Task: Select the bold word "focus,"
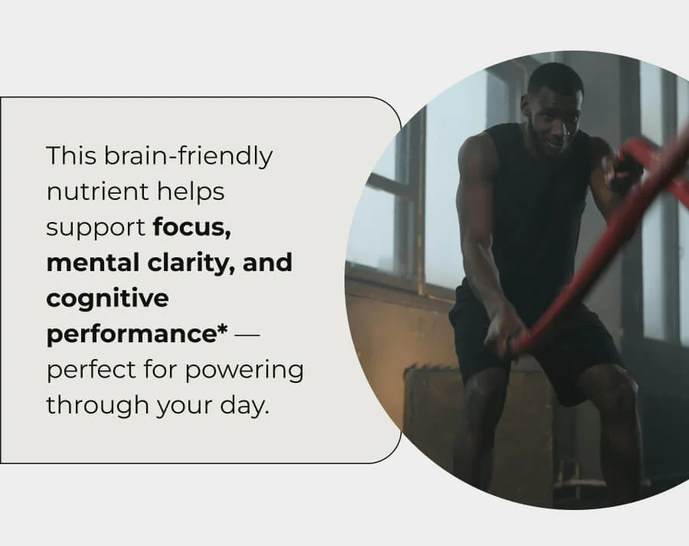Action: pyautogui.click(x=192, y=228)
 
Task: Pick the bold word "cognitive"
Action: pyautogui.click(x=107, y=299)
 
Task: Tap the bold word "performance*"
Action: pyautogui.click(x=137, y=335)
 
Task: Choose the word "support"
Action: pyautogui.click(x=96, y=228)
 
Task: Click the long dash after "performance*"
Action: pyautogui.click(x=252, y=335)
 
